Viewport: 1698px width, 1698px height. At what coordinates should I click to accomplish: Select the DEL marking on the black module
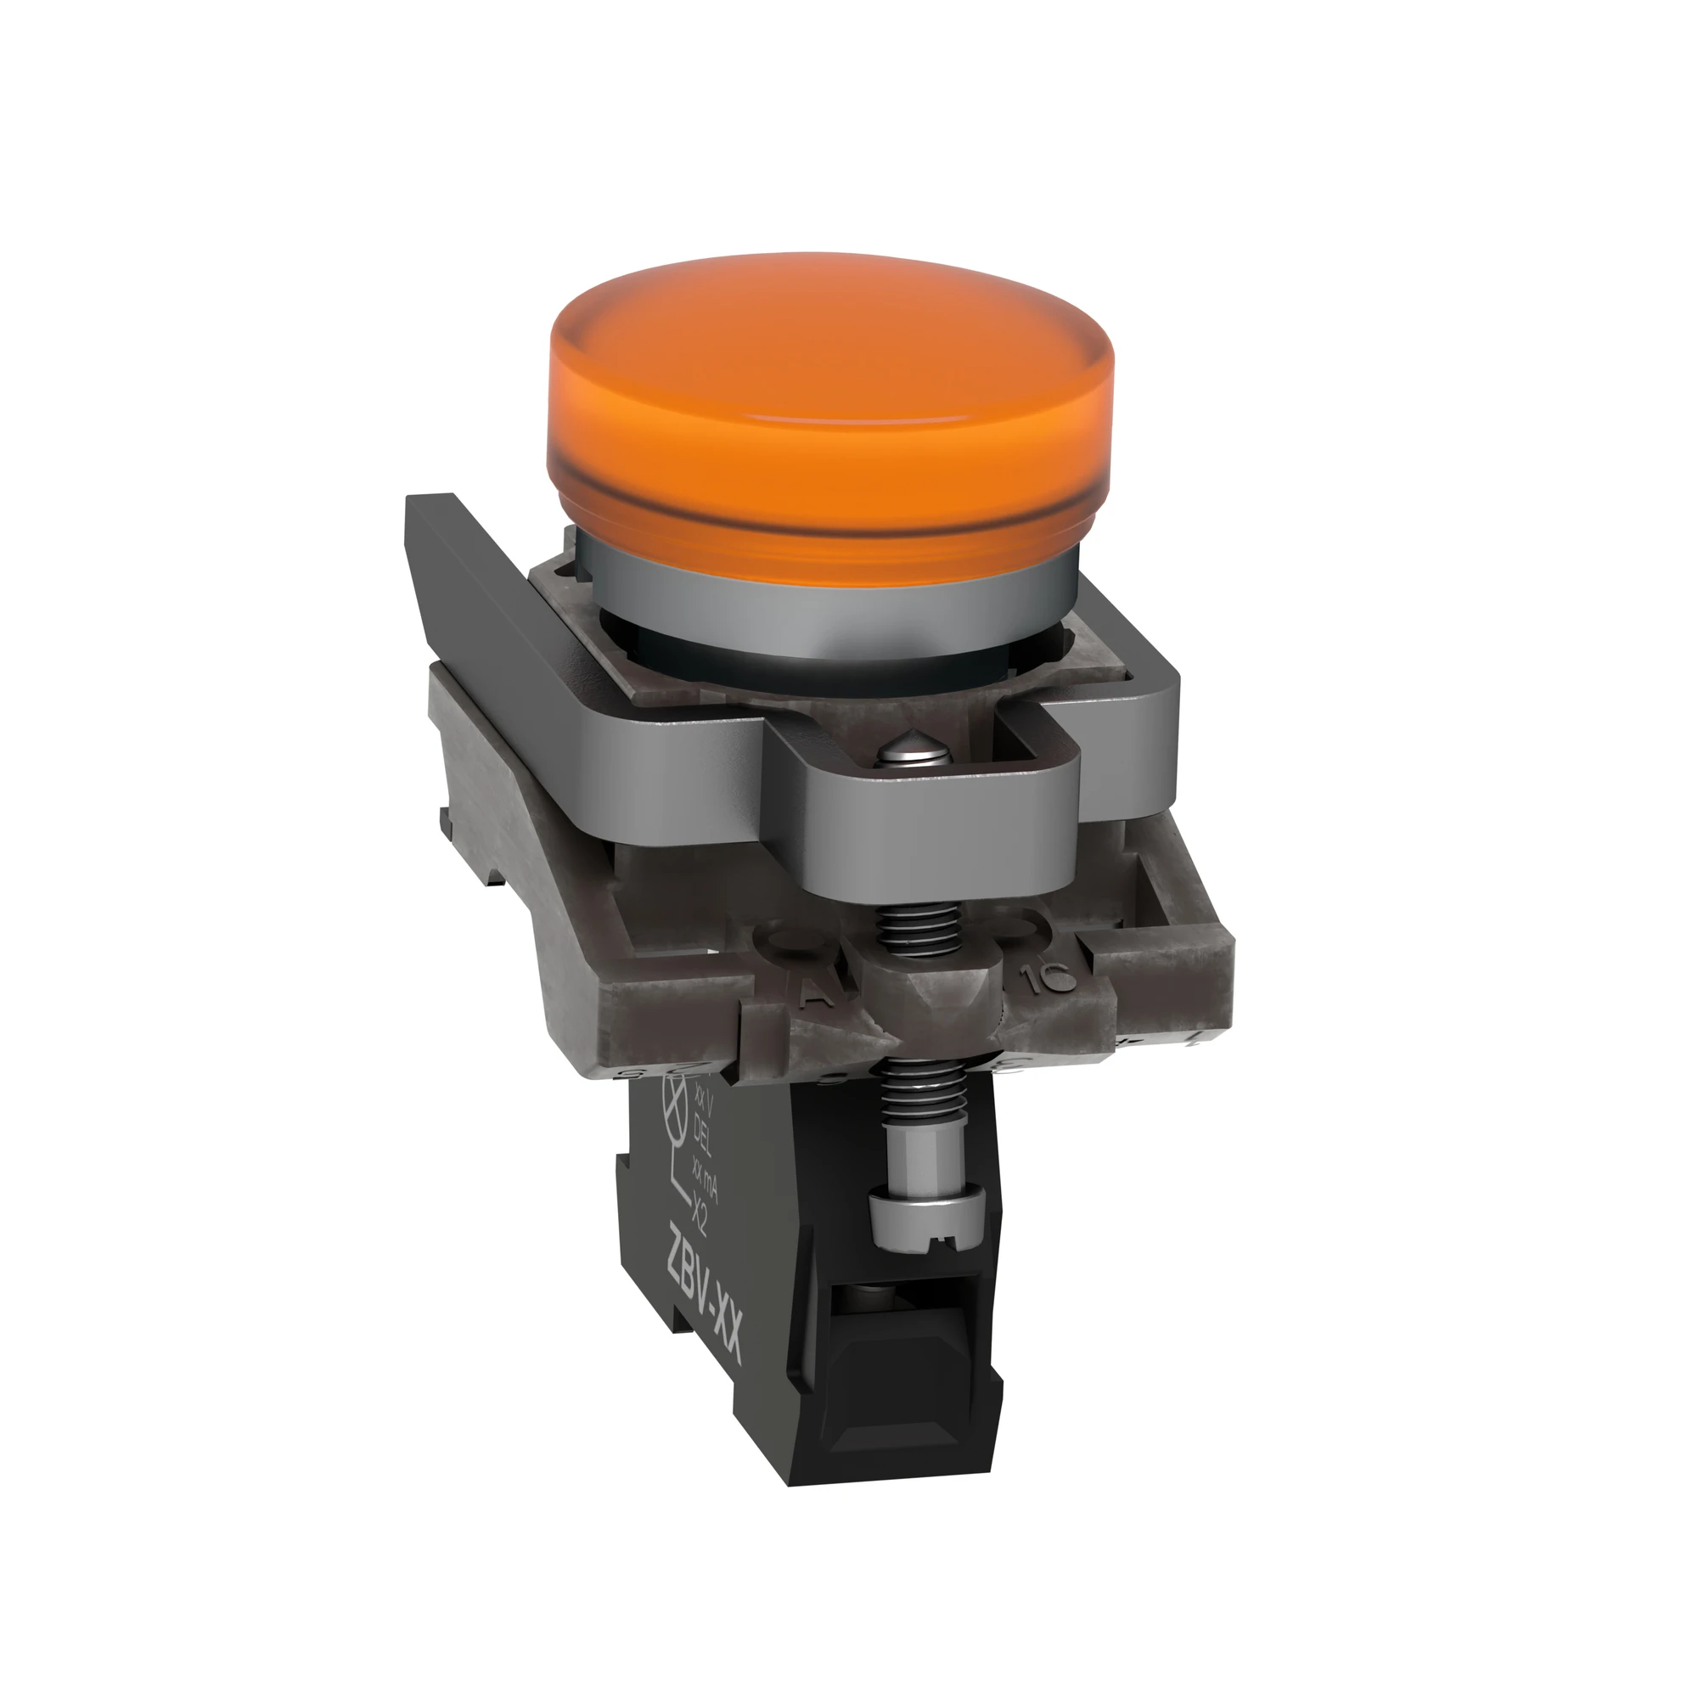pos(704,1142)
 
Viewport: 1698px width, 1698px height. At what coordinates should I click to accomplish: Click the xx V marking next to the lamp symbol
pos(701,1098)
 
